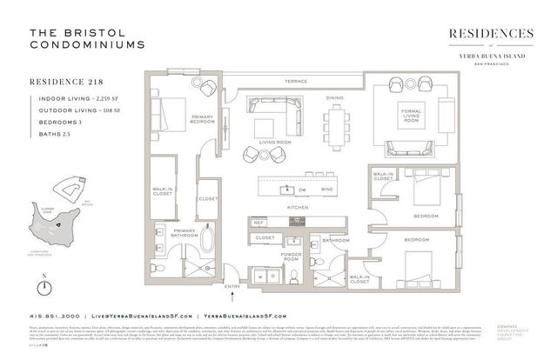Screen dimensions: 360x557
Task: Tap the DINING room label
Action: coord(334,98)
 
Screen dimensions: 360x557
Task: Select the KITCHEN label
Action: coord(296,208)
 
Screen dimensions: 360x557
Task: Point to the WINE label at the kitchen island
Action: coord(327,189)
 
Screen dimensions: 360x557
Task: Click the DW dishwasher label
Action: coord(302,189)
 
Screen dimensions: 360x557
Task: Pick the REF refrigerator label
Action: coord(258,223)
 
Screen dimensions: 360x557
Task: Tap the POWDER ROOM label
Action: coord(290,257)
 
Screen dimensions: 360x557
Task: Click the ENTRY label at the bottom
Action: coord(232,285)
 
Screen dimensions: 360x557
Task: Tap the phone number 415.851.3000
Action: coord(55,316)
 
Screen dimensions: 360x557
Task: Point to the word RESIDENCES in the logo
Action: coord(491,33)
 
